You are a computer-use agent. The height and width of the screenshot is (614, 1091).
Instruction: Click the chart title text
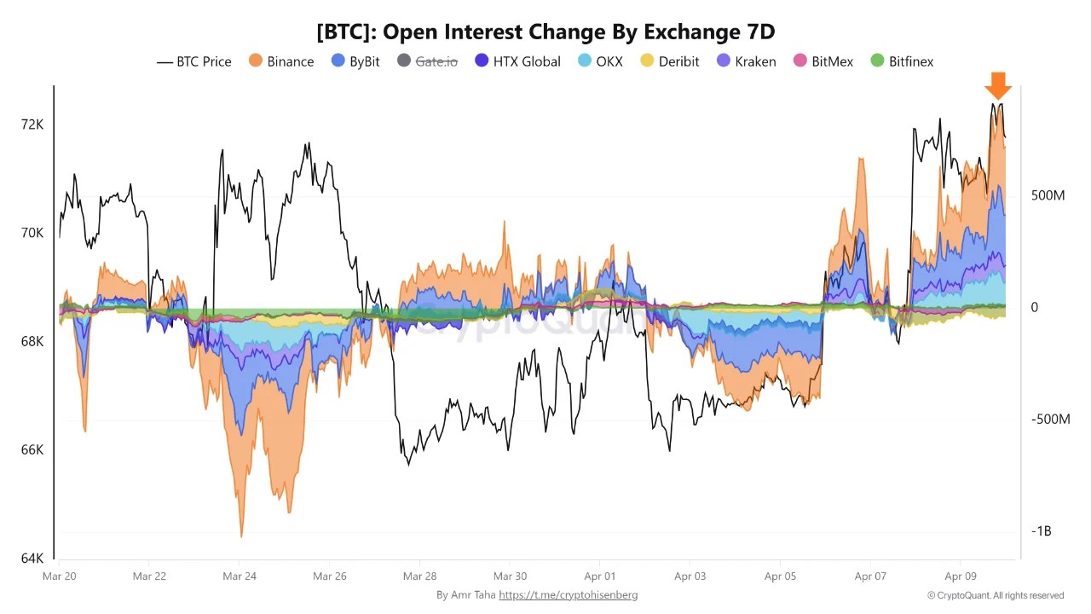point(545,32)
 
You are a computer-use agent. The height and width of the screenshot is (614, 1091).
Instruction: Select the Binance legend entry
point(281,61)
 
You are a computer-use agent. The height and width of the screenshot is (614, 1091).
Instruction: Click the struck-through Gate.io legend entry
point(426,61)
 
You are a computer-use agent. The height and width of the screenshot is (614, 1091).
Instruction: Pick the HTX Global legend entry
point(517,61)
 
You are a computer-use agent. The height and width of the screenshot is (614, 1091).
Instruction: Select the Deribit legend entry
point(670,61)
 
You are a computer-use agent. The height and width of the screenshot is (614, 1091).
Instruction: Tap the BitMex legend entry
point(823,61)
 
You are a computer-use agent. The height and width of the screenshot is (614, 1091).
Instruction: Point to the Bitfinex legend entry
point(902,61)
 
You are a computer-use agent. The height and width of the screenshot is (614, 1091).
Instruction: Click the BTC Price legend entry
point(194,61)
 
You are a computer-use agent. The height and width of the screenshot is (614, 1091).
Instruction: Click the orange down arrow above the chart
point(997,86)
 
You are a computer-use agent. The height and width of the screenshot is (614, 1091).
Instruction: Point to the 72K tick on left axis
point(32,125)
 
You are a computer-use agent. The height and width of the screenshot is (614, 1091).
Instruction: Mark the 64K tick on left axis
point(32,559)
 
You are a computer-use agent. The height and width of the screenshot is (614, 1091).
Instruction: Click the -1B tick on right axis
point(1041,531)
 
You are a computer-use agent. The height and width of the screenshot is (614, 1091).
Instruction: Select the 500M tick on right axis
point(1048,195)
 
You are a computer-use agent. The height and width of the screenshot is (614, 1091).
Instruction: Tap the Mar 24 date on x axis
point(239,576)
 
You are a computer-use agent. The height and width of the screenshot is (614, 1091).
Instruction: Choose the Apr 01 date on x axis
point(600,576)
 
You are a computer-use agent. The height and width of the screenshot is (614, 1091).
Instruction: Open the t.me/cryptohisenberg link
point(568,595)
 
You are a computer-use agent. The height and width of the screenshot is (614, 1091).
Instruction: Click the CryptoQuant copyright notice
point(996,595)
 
